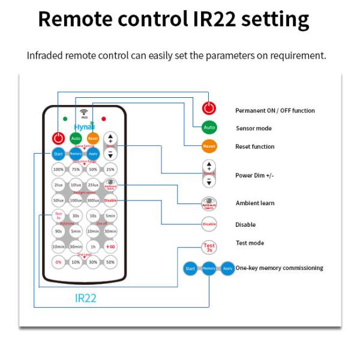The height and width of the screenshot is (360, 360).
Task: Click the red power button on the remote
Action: click(x=58, y=138)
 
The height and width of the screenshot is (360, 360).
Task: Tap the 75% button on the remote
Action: click(x=76, y=170)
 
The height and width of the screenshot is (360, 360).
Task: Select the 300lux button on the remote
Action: click(x=93, y=200)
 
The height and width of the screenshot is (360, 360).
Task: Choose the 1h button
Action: click(x=93, y=246)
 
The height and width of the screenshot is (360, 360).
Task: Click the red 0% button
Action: click(x=58, y=262)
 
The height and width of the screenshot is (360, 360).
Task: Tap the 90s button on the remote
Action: click(x=58, y=230)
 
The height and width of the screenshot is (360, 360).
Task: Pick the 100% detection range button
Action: click(x=58, y=170)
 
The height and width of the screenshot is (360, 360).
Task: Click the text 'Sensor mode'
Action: click(x=253, y=128)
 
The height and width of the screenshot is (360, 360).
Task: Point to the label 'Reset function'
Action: click(x=254, y=146)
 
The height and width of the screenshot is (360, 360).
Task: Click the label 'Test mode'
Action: click(x=249, y=243)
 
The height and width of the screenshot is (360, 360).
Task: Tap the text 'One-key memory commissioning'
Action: click(x=279, y=268)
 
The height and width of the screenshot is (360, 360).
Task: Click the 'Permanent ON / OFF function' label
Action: click(x=274, y=110)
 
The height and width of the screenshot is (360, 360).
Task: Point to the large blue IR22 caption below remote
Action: click(x=85, y=298)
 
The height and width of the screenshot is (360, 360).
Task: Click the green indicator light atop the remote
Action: click(x=65, y=118)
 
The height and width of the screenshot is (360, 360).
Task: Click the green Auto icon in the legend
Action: click(x=209, y=128)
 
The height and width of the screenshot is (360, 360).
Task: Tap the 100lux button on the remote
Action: click(x=76, y=200)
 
